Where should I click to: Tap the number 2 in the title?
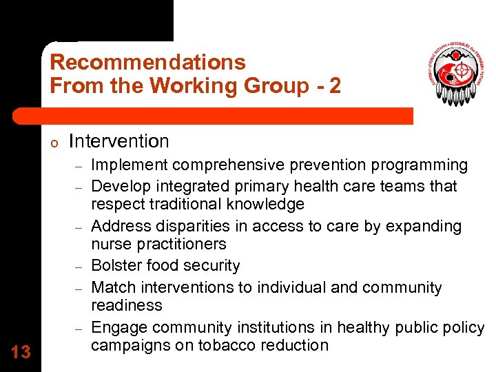pyautogui.click(x=334, y=86)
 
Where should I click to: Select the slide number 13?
pyautogui.click(x=21, y=352)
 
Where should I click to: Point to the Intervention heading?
pyautogui.click(x=119, y=141)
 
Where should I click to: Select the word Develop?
pyautogui.click(x=118, y=186)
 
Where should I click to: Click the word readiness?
pyautogui.click(x=127, y=305)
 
